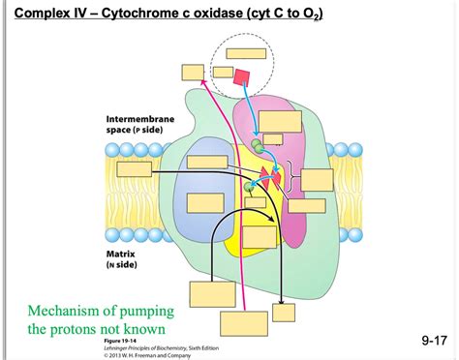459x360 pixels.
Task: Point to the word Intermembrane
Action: [146, 120]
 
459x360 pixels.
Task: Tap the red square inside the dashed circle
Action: [242, 76]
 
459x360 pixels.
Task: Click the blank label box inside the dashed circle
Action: [223, 72]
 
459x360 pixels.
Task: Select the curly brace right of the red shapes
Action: [293, 180]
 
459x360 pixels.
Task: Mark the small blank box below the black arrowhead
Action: [284, 312]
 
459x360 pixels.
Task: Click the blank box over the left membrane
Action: [207, 163]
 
